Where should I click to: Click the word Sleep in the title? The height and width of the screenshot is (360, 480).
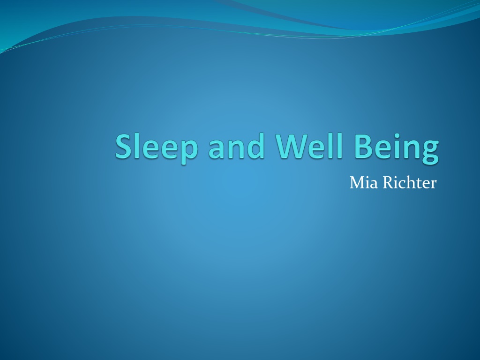pyautogui.click(x=157, y=148)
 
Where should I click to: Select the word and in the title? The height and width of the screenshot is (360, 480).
pyautogui.click(x=236, y=146)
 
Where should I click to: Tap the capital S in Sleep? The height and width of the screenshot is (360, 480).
pyautogui.click(x=125, y=146)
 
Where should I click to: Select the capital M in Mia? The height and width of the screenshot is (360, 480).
pyautogui.click(x=357, y=183)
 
